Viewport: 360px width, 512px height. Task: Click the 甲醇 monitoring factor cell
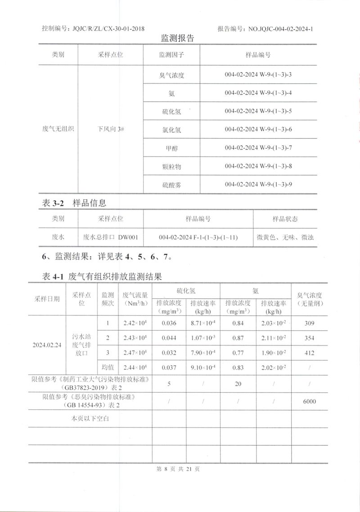pos(171,148)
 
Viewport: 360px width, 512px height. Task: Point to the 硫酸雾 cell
pos(171,184)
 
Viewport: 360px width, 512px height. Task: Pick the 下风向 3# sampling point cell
pos(111,130)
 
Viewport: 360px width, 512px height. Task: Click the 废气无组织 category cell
pos(58,130)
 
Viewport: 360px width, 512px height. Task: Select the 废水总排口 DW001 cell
pos(111,237)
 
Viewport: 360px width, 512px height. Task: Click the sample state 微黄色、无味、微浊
pos(285,237)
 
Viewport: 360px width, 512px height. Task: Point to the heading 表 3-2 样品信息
pos(74,203)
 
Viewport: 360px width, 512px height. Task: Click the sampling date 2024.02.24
pos(47,345)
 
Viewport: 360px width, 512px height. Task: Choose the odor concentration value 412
pos(309,353)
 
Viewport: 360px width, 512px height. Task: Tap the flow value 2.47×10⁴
pos(135,353)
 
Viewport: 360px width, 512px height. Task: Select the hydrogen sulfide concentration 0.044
pos(169,338)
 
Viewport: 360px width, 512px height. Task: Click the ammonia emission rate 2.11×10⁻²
pos(274,338)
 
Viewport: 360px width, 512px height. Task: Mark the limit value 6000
pos(309,401)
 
